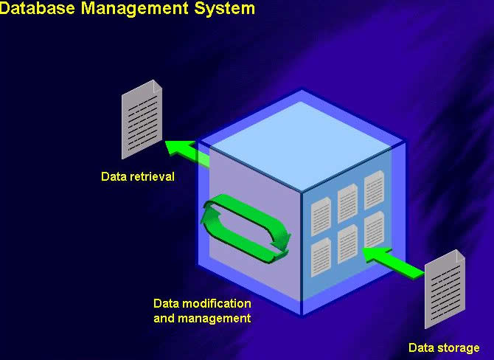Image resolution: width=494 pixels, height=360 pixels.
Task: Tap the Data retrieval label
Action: (x=138, y=176)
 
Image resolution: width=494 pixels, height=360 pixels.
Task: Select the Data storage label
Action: (x=444, y=347)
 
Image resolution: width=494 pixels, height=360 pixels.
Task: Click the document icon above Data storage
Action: (x=445, y=289)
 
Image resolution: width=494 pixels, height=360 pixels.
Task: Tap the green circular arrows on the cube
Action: (x=246, y=227)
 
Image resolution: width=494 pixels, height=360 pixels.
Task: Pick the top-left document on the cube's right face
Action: (x=321, y=215)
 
